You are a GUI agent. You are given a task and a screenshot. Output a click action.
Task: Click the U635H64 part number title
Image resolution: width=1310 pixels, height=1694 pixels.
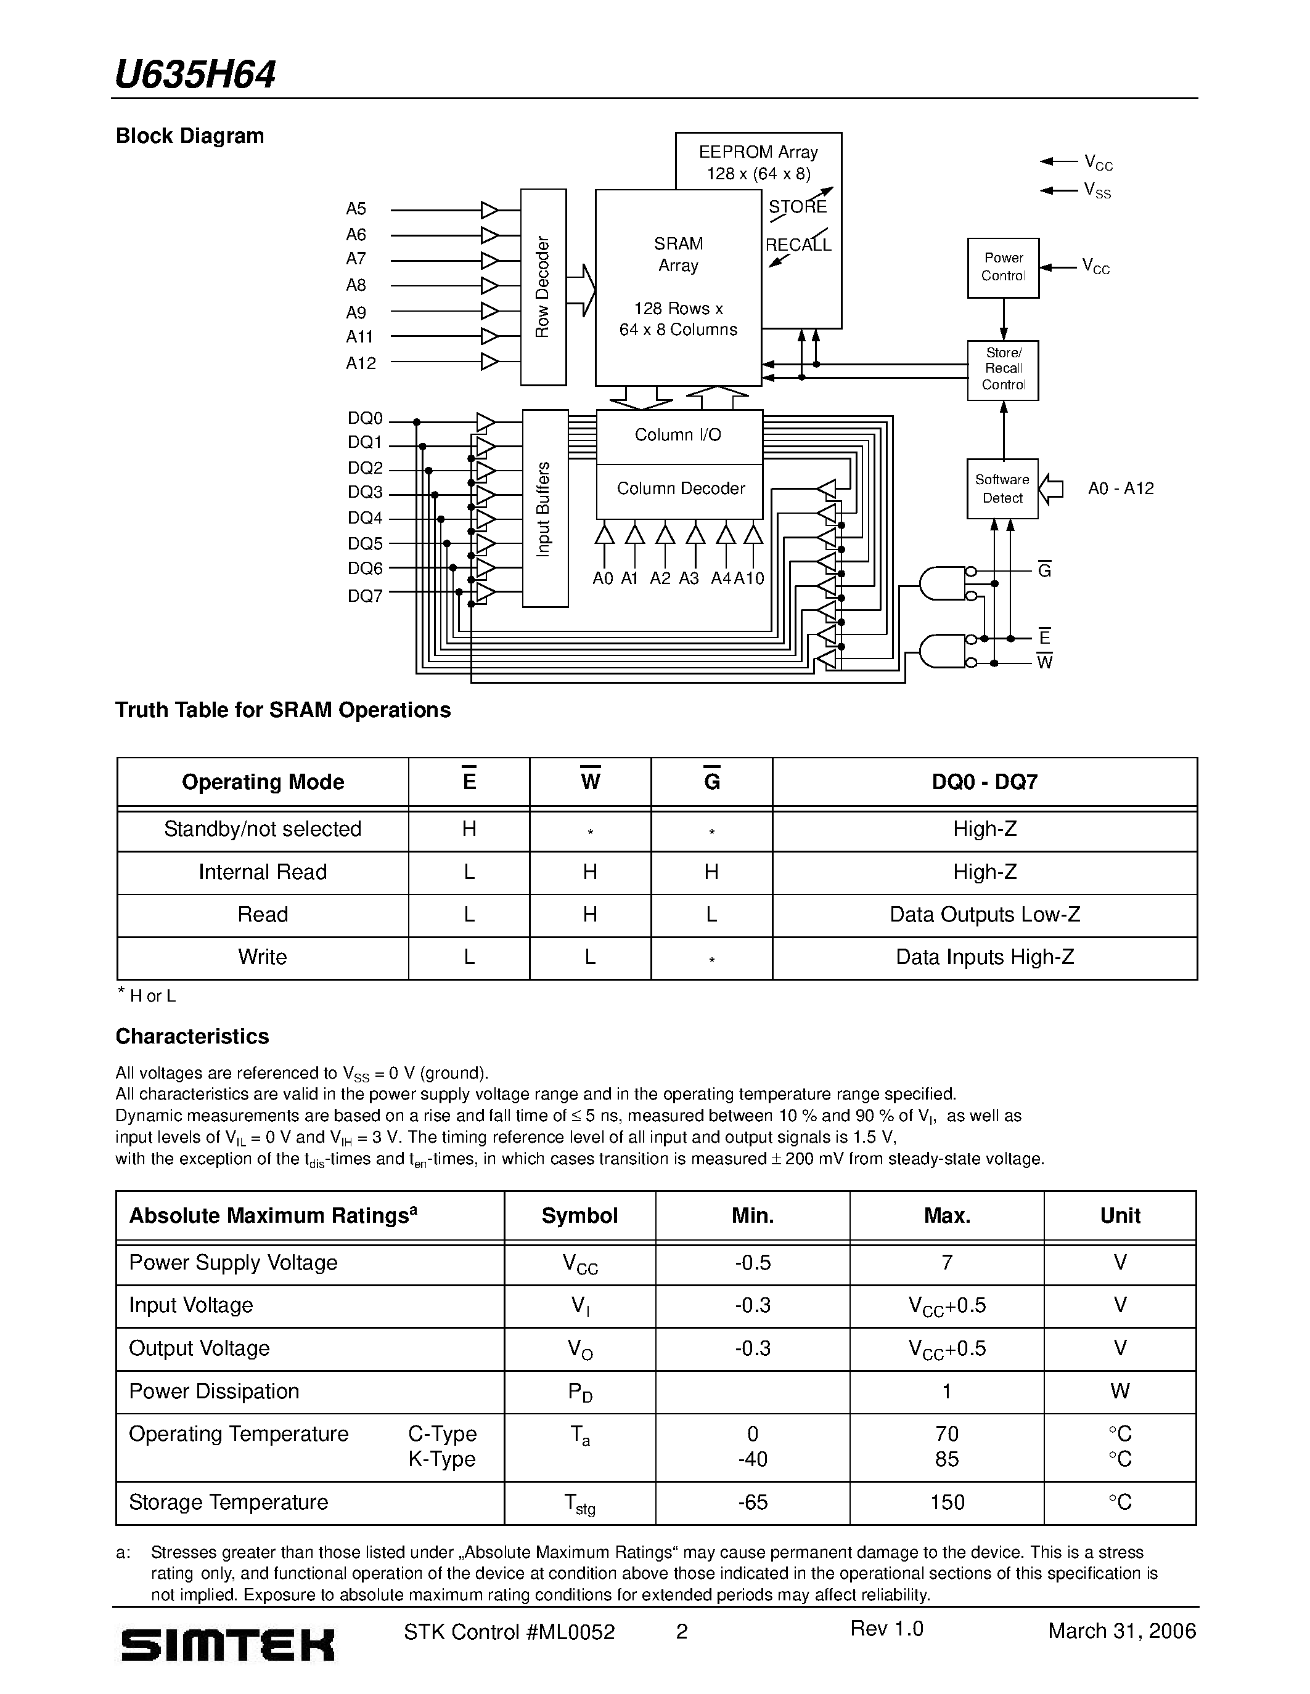[195, 75]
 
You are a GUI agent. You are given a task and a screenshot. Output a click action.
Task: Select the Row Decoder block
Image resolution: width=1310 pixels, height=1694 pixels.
[542, 287]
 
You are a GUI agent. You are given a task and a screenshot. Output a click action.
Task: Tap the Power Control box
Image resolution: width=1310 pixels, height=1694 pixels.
[1002, 267]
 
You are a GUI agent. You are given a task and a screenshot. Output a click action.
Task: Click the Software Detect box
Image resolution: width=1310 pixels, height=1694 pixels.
[1002, 488]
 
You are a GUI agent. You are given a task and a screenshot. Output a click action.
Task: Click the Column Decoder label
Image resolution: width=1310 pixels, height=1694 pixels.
[680, 488]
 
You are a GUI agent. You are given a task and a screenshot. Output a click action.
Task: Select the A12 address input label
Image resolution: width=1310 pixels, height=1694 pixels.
[361, 363]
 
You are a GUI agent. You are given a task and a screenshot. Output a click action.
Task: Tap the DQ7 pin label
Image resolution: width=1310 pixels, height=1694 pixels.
[365, 596]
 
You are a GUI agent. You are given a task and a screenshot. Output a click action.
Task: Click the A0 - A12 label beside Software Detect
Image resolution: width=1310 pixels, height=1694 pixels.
[1120, 488]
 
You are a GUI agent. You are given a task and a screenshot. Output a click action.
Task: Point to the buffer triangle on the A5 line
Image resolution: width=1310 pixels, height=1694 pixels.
[489, 210]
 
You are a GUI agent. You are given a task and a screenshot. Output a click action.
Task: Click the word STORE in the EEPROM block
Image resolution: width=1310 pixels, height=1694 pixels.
[797, 207]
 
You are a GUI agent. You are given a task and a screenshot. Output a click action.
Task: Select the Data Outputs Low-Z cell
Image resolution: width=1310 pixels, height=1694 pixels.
[984, 915]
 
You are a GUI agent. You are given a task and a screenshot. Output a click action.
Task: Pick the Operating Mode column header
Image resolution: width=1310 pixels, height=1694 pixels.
[263, 782]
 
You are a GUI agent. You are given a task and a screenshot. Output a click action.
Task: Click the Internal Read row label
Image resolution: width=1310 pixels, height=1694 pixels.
[263, 872]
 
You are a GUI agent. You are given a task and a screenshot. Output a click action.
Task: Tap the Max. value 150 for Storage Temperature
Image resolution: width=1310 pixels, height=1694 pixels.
[946, 1502]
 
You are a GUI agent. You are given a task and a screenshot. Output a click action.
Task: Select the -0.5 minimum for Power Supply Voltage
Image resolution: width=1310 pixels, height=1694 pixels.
[752, 1263]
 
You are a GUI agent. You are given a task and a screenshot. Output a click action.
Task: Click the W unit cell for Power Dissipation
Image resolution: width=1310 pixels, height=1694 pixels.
[1119, 1391]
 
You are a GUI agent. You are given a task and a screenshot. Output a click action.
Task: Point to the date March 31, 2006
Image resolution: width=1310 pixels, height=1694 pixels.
[1121, 1631]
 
